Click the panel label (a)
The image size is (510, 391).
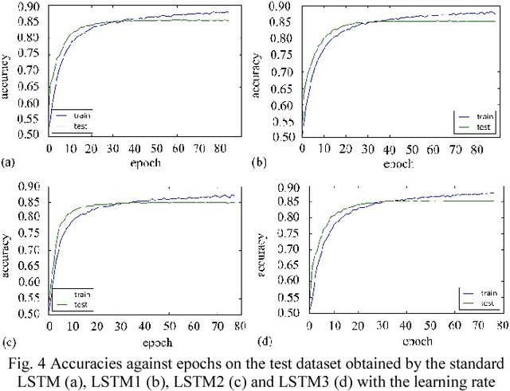pyautogui.click(x=8, y=162)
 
